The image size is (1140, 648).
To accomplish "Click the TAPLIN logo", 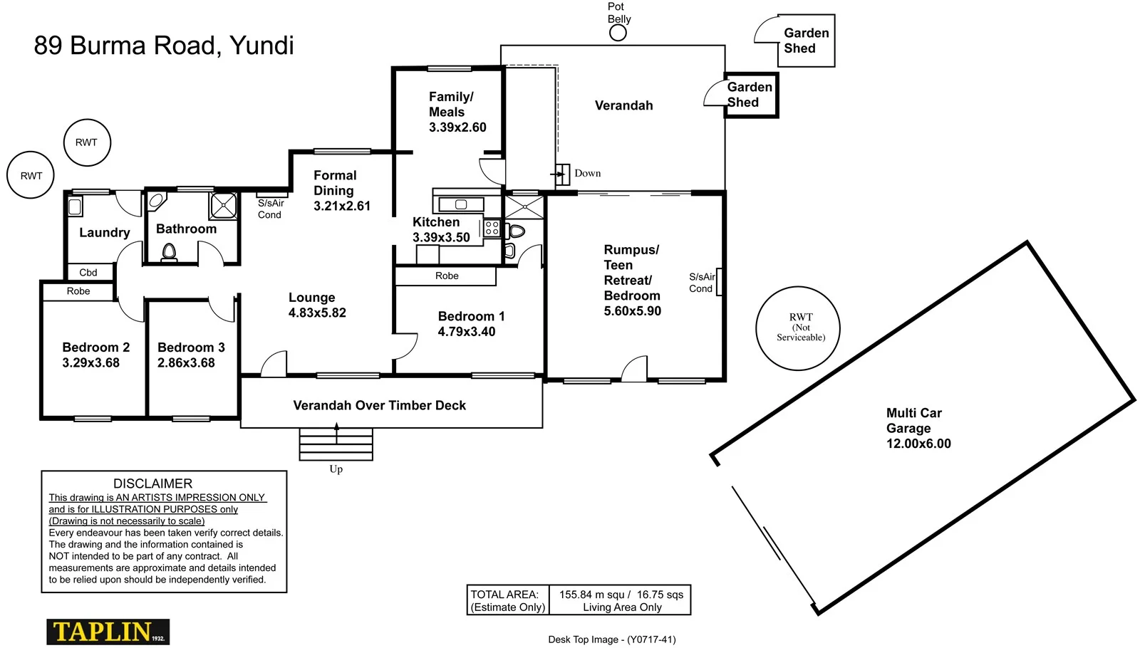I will point(108,632).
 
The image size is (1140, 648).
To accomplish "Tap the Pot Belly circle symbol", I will point(618,33).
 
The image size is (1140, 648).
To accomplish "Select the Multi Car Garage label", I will point(914,420).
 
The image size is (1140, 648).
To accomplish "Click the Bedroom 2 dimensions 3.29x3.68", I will point(90,362).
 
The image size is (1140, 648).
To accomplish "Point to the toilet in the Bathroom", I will point(169,252).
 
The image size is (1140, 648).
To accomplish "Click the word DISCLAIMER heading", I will point(152,484).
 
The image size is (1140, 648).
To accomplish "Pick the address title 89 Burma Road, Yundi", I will point(164,46).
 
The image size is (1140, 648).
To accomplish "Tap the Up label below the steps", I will point(336,469).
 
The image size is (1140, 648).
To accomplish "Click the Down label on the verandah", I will point(587,173).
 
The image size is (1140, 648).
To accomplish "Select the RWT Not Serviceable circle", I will point(797,328).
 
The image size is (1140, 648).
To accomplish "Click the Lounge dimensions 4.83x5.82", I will point(317,313).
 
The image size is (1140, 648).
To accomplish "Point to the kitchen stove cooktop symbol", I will point(492,228).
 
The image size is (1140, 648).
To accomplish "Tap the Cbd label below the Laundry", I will point(88,272).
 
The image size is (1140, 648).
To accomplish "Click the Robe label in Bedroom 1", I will point(447,276).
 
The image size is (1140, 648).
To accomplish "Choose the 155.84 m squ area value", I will point(591,595).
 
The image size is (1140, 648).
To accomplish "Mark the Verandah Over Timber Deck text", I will point(379,405).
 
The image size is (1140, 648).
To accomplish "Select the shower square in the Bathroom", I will point(224,206).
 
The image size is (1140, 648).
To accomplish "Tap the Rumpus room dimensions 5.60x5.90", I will point(632,311).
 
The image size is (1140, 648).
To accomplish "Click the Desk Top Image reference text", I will point(611,639).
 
